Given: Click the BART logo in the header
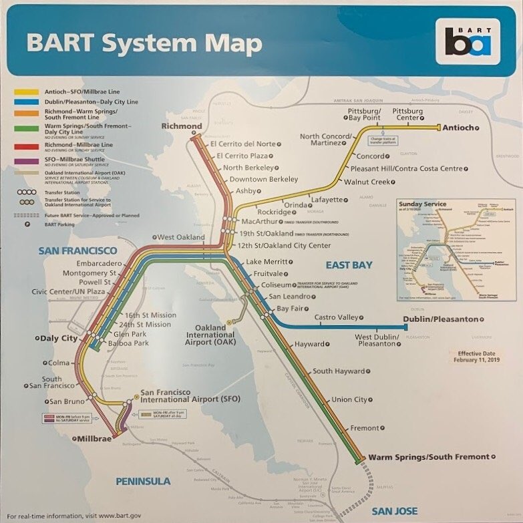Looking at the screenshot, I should point(468,41).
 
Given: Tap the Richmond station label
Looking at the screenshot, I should point(181,126).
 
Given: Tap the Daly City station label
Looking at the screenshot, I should point(58,339).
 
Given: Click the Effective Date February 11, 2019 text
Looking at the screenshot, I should point(478,356).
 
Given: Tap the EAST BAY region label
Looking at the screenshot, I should point(349,265).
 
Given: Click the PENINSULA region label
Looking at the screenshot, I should point(143,481).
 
